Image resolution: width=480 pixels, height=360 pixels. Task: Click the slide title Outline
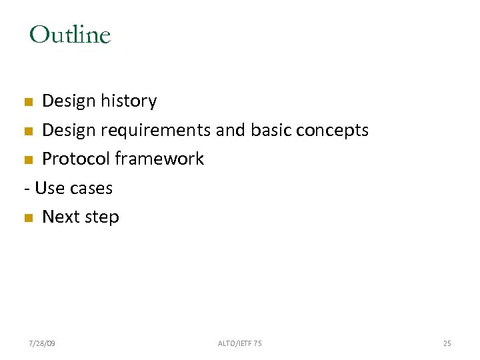70,35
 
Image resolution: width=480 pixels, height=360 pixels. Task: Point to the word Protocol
76,159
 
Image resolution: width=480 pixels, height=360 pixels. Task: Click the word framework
159,159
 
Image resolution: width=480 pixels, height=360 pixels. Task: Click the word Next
61,217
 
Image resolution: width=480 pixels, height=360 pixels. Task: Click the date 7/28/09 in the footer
42,343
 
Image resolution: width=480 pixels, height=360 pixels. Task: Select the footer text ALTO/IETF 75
240,343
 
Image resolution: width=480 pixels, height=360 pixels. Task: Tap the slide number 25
447,343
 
